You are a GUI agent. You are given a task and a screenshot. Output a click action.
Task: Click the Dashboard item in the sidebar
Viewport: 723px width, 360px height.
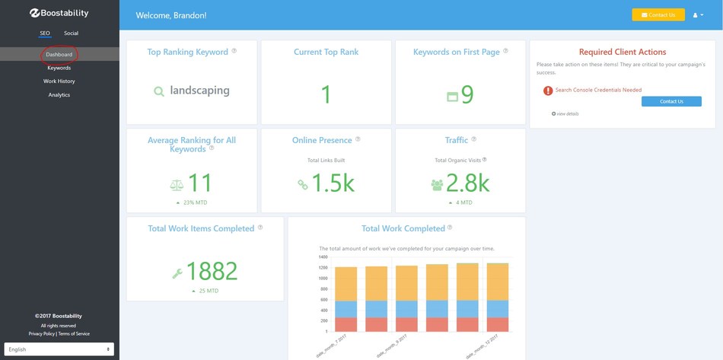coord(59,55)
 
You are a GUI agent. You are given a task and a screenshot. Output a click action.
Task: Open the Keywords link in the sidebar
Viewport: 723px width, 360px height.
coord(59,68)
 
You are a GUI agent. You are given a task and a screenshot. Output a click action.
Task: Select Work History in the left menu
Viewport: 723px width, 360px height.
coord(59,81)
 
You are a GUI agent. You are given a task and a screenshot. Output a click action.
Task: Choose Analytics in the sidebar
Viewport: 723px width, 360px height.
coord(59,94)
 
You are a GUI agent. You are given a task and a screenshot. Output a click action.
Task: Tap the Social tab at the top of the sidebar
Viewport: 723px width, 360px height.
coord(71,33)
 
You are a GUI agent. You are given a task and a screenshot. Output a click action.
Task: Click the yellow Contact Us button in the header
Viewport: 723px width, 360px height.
coord(658,14)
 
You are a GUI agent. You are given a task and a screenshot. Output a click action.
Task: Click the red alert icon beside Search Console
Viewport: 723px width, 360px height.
coord(548,91)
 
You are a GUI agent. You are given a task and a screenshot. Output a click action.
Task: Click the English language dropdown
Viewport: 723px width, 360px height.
coord(59,349)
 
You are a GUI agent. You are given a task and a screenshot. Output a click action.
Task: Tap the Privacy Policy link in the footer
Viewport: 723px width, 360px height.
coord(42,333)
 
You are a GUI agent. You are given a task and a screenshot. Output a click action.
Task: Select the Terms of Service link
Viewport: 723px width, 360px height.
coord(74,333)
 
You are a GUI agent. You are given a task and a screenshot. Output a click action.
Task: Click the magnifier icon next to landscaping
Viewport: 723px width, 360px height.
coord(159,91)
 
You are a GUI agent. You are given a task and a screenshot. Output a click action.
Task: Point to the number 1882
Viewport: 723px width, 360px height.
coord(212,270)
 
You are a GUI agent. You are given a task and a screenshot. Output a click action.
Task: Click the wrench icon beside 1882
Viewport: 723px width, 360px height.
coord(177,272)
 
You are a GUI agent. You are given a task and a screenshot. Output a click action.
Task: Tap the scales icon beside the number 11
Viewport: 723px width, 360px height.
coord(176,184)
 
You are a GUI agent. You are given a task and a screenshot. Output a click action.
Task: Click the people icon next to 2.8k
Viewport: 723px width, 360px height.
coord(437,184)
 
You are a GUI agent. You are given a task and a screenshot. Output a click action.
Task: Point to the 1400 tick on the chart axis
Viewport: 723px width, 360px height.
coord(323,256)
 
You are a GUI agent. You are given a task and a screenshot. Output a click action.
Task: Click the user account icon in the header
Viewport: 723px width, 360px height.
coord(697,14)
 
